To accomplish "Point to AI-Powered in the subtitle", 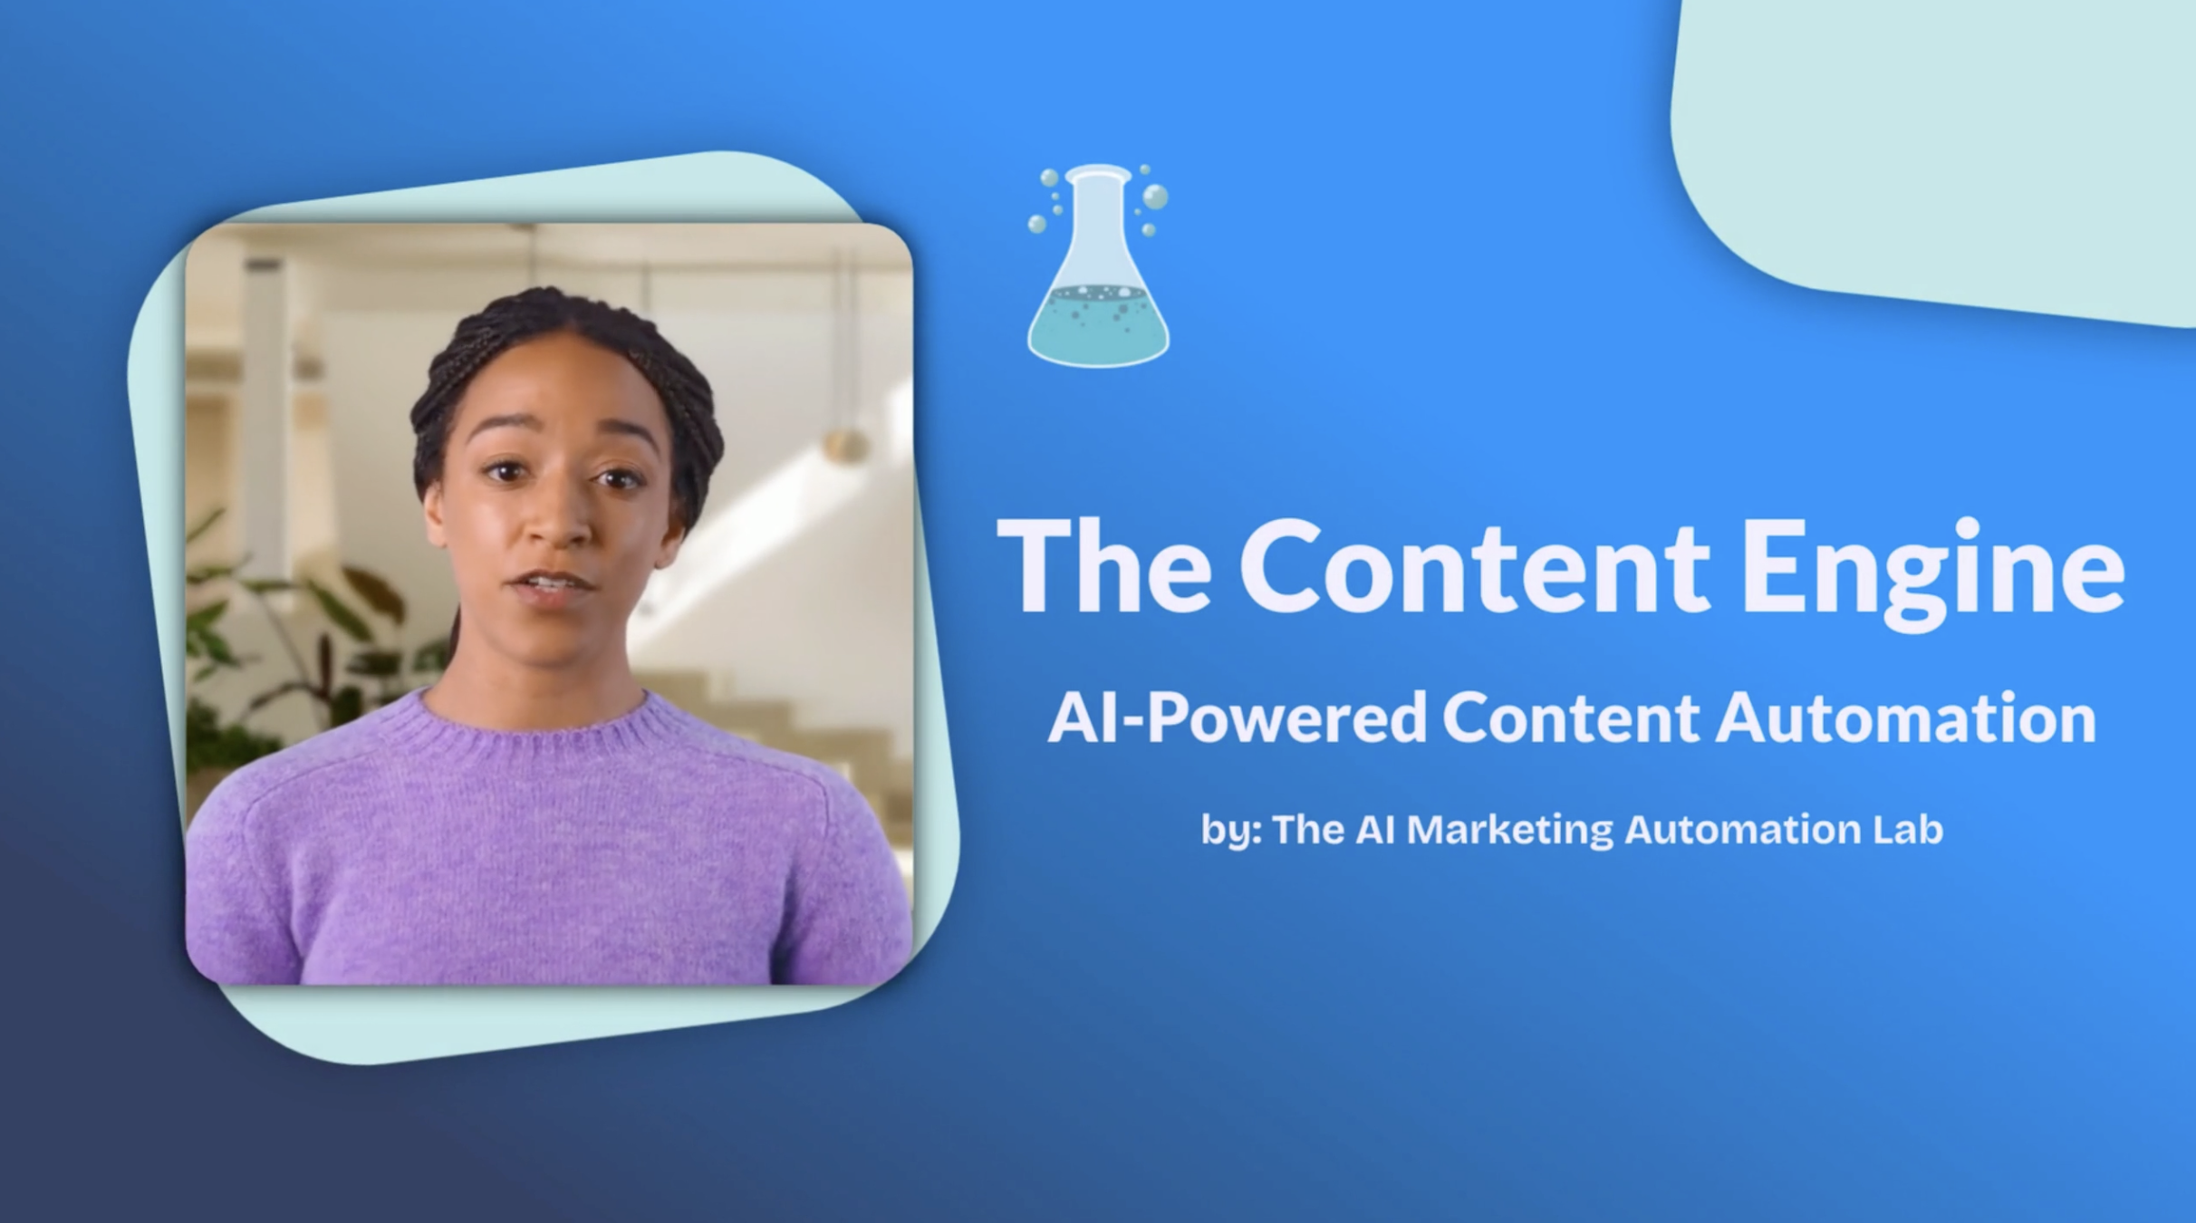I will (x=1237, y=718).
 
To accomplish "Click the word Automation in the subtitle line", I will (x=1905, y=718).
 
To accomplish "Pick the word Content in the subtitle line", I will (x=1570, y=718).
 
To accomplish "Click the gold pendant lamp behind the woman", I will (x=845, y=443).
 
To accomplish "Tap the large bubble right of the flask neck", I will (x=1155, y=196).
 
